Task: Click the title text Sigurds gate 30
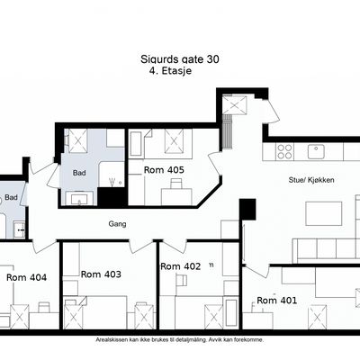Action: coord(180,59)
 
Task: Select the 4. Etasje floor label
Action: coord(170,71)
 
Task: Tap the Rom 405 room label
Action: coord(164,170)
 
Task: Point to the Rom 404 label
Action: coord(26,277)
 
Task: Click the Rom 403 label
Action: coord(101,274)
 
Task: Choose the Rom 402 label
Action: coord(181,266)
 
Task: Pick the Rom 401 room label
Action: coord(277,300)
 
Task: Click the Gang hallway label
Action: coord(117,224)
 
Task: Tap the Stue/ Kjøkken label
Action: coord(311,180)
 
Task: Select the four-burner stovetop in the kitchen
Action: coord(285,151)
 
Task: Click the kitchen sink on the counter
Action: coord(316,151)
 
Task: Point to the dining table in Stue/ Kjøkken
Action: coord(324,213)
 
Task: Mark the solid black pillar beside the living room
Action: coord(247,209)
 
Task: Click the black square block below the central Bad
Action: coord(112,196)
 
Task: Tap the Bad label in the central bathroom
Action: coord(79,173)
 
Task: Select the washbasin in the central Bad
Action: coord(79,199)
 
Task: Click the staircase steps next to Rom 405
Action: coord(228,131)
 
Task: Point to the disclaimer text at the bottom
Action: coord(180,340)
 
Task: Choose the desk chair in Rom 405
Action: coord(175,184)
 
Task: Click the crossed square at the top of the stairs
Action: coord(235,104)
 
